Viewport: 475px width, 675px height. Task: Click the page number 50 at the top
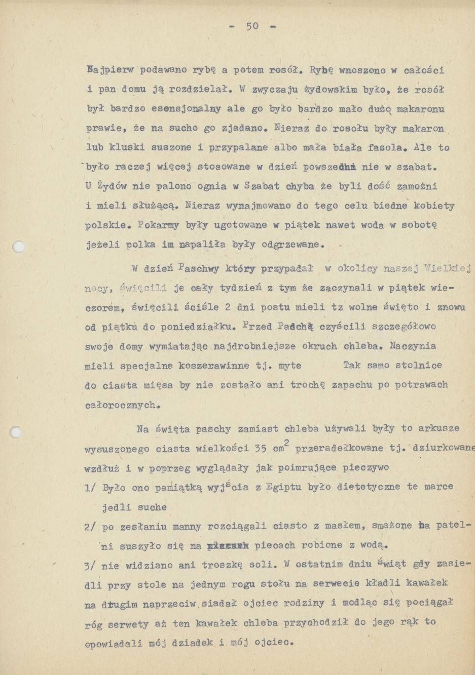click(252, 26)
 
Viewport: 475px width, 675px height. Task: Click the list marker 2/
click(91, 527)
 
